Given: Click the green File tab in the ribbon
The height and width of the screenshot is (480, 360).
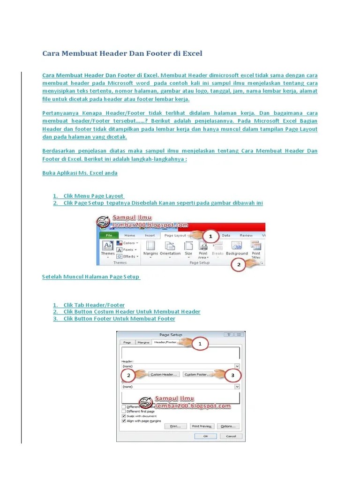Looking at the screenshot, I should [109, 235].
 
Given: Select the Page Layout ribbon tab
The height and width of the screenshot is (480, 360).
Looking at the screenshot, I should [175, 235].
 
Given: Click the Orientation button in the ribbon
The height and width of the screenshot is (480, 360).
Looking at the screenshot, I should [170, 248].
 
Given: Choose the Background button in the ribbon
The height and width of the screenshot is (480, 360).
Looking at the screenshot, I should [237, 248].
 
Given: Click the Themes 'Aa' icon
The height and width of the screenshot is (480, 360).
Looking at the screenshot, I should [108, 246].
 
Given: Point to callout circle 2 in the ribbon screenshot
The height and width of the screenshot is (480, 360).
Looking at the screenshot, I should [239, 265].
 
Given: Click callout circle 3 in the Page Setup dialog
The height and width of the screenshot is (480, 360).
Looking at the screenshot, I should [230, 375].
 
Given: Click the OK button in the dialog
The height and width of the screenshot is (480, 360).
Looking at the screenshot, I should [205, 436].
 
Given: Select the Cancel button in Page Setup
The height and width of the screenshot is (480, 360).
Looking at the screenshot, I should [231, 436].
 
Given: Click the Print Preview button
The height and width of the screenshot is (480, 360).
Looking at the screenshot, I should [202, 426].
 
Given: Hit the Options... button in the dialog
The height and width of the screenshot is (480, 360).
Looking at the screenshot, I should [228, 426].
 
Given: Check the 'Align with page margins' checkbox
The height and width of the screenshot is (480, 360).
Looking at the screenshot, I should [124, 421].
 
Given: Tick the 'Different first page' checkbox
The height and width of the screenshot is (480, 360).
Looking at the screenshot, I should [124, 411].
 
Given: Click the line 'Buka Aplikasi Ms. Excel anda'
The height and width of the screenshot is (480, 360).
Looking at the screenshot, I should [80, 173].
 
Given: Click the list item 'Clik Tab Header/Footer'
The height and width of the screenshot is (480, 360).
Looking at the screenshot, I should [94, 305].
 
